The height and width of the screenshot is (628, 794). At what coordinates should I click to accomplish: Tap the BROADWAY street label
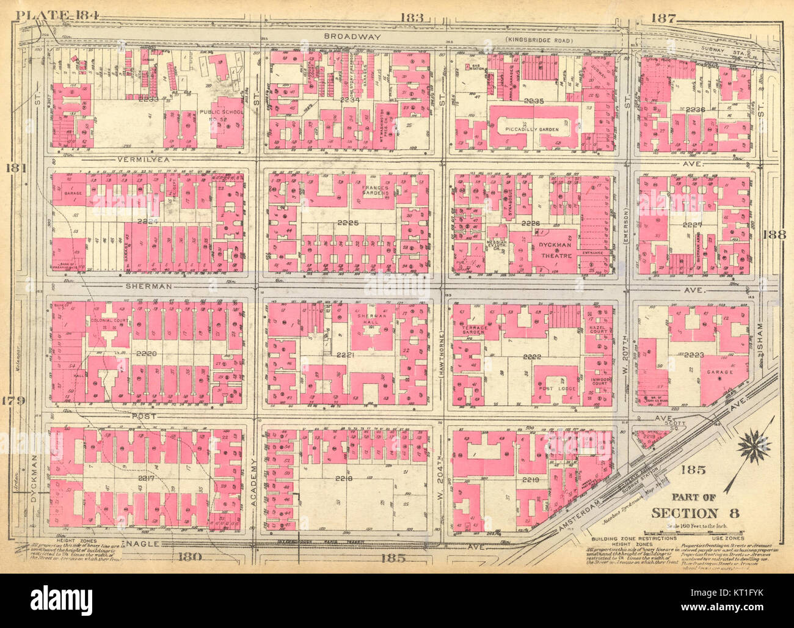[352, 37]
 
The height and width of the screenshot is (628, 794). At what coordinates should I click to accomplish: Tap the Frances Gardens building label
[374, 191]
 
